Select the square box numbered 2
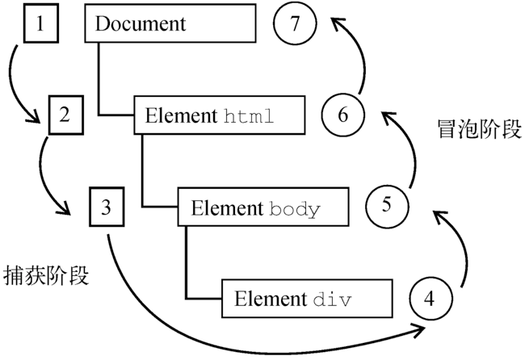(65, 115)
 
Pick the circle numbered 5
(386, 206)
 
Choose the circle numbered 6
(341, 115)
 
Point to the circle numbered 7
(296, 24)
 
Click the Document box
(170, 24)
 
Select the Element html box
(219, 115)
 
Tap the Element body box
(264, 207)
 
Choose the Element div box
(309, 298)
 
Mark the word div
(332, 299)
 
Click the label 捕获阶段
(46, 275)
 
